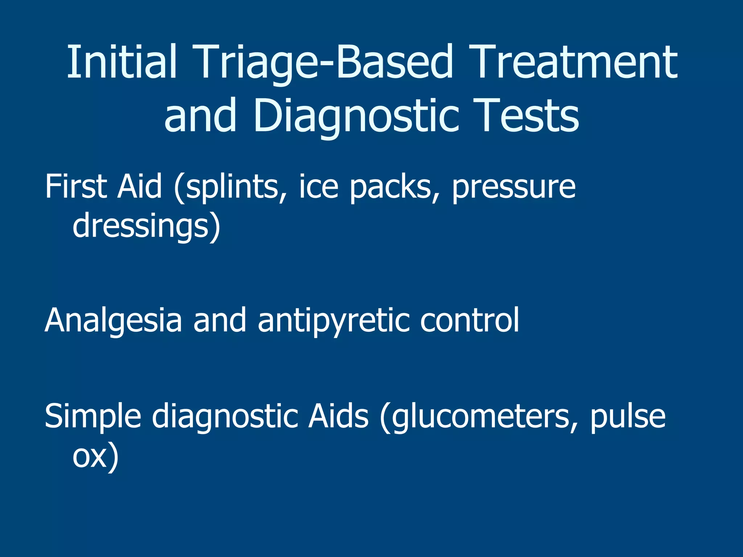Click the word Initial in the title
tap(122, 62)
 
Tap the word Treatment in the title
tap(573, 62)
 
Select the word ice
tap(319, 186)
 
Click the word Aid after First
tap(140, 186)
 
